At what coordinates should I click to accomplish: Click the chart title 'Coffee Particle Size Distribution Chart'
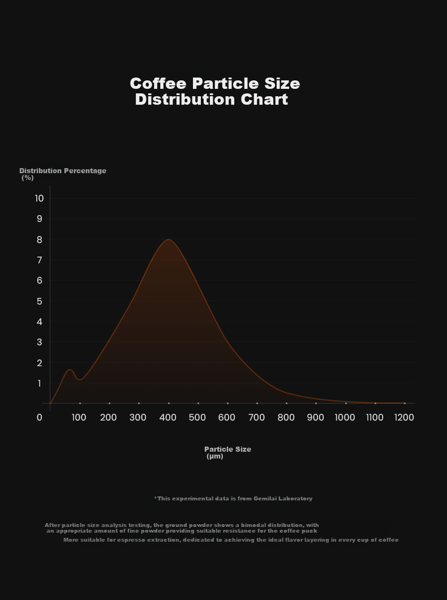[215, 92]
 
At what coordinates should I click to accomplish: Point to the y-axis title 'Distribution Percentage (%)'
[63, 174]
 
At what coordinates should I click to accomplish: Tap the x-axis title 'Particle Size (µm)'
[227, 453]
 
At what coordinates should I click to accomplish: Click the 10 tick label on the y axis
[39, 198]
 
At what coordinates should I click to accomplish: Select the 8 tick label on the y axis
[40, 239]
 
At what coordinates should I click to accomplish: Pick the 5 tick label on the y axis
[40, 301]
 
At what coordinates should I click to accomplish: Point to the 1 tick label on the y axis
[40, 383]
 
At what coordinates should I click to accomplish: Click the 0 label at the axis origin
[40, 418]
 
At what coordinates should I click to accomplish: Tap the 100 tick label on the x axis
[79, 418]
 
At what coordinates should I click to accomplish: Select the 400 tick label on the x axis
[168, 418]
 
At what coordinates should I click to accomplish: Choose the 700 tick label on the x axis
[256, 418]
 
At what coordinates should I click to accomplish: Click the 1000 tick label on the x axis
[345, 418]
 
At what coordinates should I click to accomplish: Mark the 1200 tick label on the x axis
[404, 418]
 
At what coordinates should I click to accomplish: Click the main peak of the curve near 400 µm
[168, 239]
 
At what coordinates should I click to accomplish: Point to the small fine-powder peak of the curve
[70, 370]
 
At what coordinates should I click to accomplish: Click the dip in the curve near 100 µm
[80, 380]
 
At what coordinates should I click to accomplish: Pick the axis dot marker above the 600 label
[227, 404]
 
